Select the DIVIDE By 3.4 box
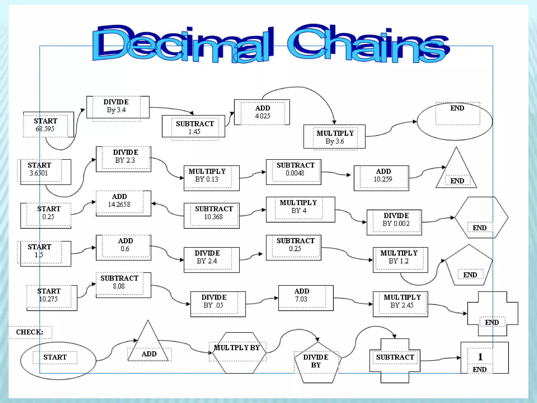tap(118, 107)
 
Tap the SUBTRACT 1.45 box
tap(194, 126)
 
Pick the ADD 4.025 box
tap(262, 112)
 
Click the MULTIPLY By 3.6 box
tap(334, 137)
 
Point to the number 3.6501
tap(39, 173)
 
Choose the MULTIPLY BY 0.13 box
tap(211, 178)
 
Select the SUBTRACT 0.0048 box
tap(293, 172)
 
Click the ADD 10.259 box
tap(381, 178)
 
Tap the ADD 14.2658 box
tap(123, 203)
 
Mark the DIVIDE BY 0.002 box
tap(394, 222)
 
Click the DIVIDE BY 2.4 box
tap(211, 260)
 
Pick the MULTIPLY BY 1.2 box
tap(400, 260)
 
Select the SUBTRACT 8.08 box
tap(123, 285)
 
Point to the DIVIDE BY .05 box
tap(218, 304)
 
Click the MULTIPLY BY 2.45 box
tap(400, 304)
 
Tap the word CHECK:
tap(30, 332)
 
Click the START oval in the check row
tap(58, 360)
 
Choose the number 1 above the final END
tap(480, 357)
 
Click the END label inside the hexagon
tap(480, 228)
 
